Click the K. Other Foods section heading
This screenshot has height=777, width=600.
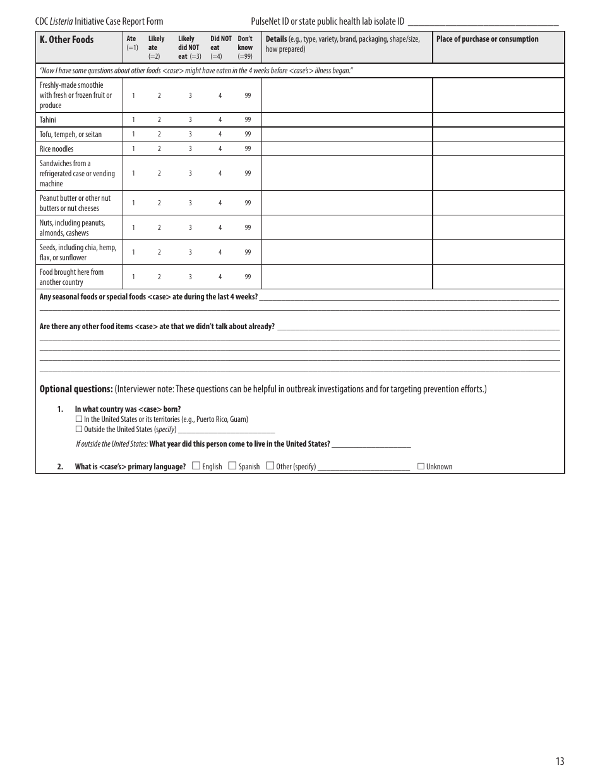66,40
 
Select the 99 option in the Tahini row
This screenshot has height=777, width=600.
248,119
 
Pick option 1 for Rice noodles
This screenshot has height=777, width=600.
133,149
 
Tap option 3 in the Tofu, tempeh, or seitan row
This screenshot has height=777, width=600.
190,135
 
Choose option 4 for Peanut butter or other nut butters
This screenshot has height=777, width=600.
220,203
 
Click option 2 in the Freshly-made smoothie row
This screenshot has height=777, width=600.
159,95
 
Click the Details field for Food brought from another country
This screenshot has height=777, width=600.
347,277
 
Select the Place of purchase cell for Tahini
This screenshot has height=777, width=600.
498,119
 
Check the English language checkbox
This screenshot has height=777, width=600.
196,466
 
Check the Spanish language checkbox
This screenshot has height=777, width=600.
232,466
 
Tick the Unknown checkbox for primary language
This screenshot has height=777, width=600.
421,466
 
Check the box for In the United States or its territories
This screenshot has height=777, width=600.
79,419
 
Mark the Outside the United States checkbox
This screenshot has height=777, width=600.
79,429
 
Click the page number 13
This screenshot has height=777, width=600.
560,761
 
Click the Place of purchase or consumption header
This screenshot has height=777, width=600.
487,39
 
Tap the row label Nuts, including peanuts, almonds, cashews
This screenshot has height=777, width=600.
72,227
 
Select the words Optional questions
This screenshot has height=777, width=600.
76,389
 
